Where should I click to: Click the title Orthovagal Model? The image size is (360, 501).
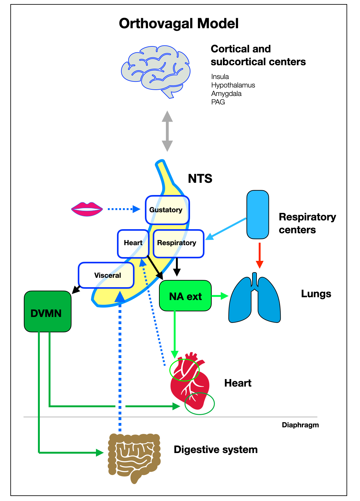(179, 24)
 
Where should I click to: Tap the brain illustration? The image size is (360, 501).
(156, 71)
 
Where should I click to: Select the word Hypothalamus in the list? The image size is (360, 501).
(233, 85)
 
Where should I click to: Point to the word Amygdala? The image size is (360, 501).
(226, 93)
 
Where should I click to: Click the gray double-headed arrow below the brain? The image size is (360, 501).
(167, 131)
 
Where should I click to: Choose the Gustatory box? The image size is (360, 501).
(167, 210)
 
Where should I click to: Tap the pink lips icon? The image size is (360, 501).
(87, 209)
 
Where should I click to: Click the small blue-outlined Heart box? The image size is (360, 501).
(133, 243)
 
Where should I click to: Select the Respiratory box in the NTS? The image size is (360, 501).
(178, 243)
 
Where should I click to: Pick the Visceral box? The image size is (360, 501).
(106, 275)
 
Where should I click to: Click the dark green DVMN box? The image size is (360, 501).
(47, 312)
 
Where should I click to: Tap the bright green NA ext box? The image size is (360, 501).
(185, 296)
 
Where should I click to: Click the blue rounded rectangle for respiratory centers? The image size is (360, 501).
(258, 215)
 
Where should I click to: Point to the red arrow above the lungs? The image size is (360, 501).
(259, 255)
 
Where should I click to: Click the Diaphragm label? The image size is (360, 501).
(300, 425)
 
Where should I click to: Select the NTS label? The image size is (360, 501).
(200, 179)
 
